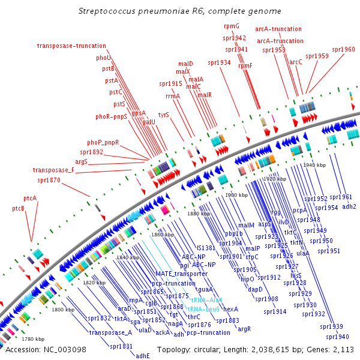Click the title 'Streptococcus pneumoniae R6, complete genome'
(x=180, y=11)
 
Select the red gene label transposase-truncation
(x=71, y=46)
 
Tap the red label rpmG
(x=232, y=26)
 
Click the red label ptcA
(x=30, y=198)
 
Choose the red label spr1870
(x=49, y=179)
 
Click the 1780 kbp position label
(x=32, y=339)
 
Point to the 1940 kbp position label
(x=314, y=165)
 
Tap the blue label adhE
(x=143, y=355)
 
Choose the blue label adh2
(x=349, y=206)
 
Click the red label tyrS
(x=164, y=114)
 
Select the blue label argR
(x=244, y=329)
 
